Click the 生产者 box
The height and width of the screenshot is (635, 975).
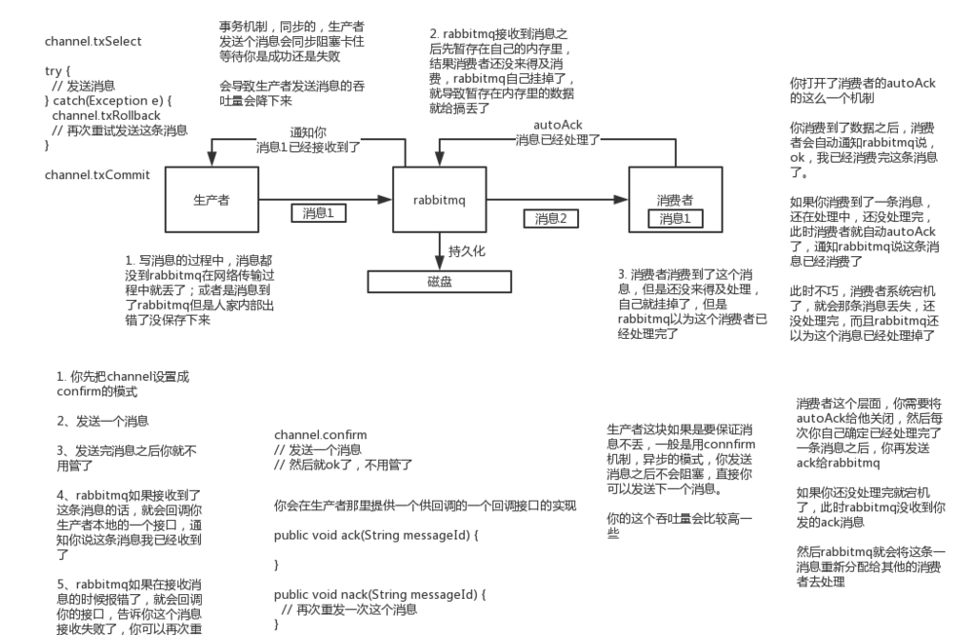coord(211,201)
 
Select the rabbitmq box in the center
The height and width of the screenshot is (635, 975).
coord(440,201)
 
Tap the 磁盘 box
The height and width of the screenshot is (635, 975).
coord(439,281)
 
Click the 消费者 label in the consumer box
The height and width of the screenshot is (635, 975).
coord(675,199)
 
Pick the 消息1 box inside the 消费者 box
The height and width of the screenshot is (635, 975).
coord(675,219)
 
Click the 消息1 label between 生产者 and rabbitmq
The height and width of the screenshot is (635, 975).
coord(318,212)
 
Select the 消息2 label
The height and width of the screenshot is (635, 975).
coord(550,219)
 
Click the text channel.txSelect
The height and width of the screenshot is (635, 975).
coord(94,42)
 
